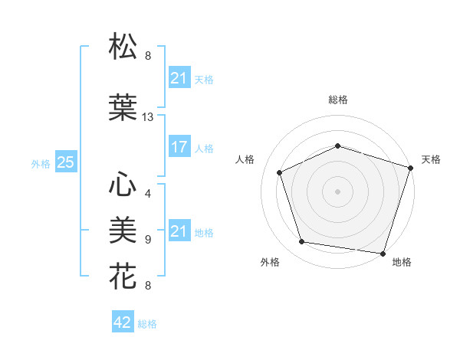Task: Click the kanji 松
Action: click(x=123, y=47)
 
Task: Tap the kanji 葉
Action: click(x=123, y=108)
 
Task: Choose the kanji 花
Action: click(x=123, y=275)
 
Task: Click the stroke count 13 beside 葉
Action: click(x=148, y=117)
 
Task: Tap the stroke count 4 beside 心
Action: click(x=148, y=193)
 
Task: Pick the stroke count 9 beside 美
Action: click(x=148, y=239)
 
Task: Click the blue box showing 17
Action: click(x=179, y=147)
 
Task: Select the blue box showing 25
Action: click(x=65, y=162)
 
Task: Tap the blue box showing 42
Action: click(x=123, y=322)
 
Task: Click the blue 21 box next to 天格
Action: click(x=179, y=78)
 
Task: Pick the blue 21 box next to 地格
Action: click(x=179, y=231)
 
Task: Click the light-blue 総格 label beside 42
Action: click(x=147, y=324)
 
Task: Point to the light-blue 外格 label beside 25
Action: click(x=41, y=163)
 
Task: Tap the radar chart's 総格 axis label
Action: click(x=337, y=100)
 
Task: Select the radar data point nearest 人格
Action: click(x=280, y=172)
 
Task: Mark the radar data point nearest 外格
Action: click(x=302, y=242)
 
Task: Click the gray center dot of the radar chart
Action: click(x=337, y=191)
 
